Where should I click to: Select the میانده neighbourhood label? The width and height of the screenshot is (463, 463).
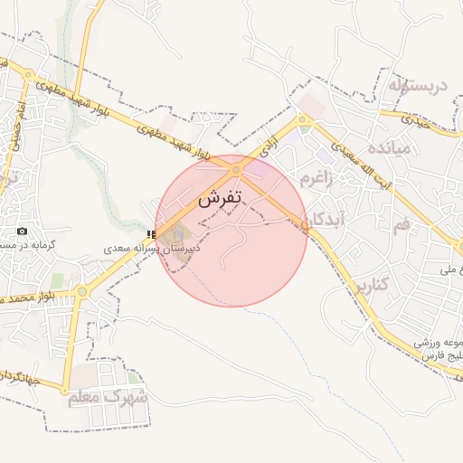point(396,146)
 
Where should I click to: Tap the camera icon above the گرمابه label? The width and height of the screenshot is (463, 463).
point(23,231)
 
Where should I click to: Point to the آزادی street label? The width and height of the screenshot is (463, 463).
point(268,144)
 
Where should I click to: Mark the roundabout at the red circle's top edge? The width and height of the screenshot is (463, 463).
point(237,169)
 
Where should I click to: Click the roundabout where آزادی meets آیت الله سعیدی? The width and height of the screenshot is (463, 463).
point(305,119)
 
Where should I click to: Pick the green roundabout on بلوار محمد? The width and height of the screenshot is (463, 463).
point(81,292)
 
